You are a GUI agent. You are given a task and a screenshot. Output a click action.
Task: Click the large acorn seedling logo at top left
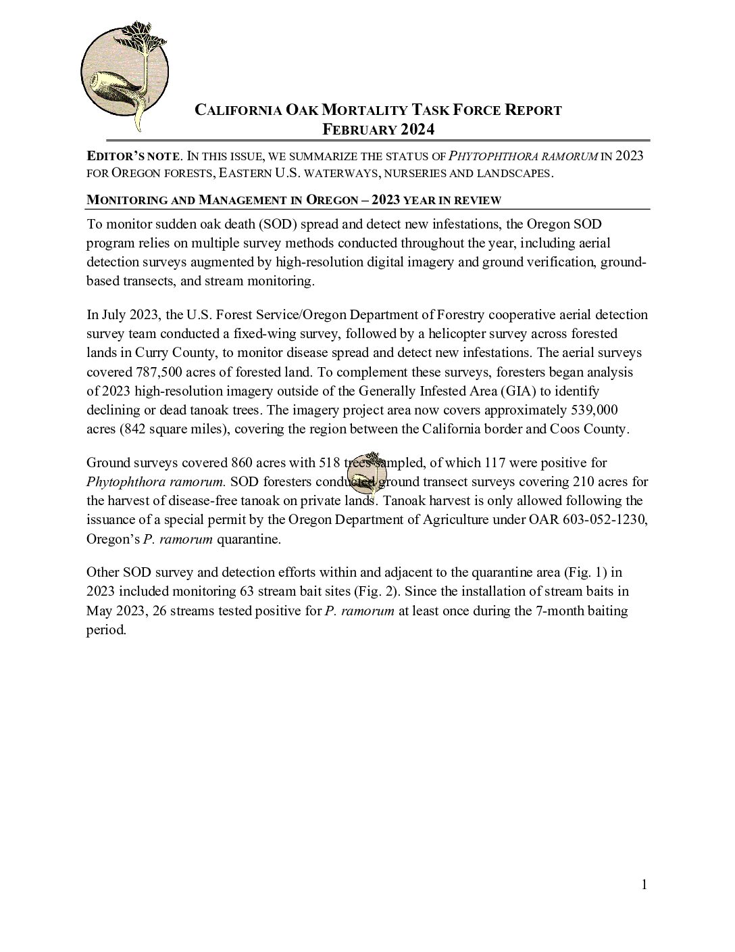(x=124, y=74)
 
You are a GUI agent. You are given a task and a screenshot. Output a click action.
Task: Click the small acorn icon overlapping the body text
(x=366, y=475)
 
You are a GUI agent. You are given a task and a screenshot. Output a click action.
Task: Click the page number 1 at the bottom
(x=644, y=884)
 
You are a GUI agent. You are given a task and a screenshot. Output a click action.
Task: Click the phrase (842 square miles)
(x=172, y=429)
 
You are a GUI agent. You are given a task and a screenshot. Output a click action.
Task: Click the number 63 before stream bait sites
(x=247, y=591)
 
